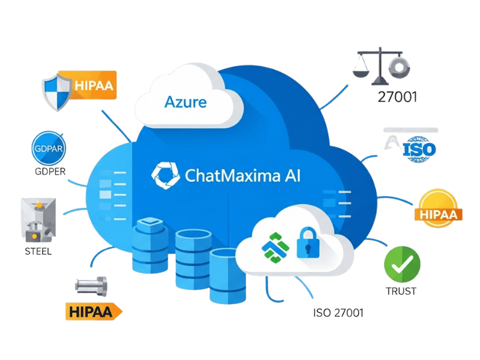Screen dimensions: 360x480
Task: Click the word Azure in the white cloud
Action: tap(185, 101)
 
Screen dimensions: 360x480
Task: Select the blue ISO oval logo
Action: tap(418, 146)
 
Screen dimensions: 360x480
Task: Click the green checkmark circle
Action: tap(402, 263)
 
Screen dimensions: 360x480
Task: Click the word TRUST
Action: tap(401, 292)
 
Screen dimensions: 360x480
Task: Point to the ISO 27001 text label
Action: tap(338, 313)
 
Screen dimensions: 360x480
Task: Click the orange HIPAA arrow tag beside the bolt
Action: tap(93, 311)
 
